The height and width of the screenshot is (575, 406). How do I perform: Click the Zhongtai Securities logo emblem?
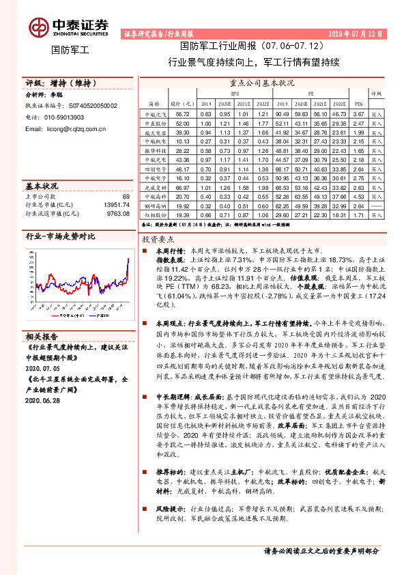click(x=38, y=27)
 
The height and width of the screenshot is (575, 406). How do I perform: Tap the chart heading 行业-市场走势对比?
click(x=60, y=236)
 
